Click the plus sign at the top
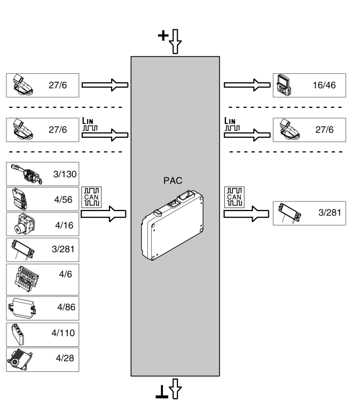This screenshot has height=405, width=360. coord(162,36)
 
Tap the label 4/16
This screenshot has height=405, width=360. coord(64,225)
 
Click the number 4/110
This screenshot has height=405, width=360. coord(62,333)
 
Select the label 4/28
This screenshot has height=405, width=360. coord(64,357)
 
